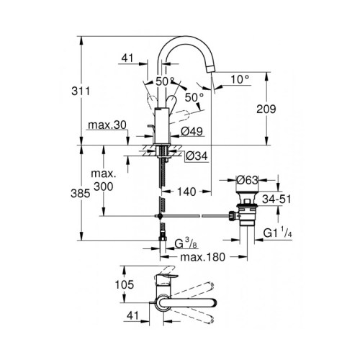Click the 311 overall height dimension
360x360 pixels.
tap(81, 91)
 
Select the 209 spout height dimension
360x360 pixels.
tap(266, 109)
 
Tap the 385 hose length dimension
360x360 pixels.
tap(81, 193)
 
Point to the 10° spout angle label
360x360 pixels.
tap(240, 79)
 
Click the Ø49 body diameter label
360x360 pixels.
tap(192, 131)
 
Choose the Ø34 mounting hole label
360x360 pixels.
tap(197, 156)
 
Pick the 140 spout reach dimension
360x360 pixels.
tap(186, 192)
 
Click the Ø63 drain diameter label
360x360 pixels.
tap(248, 180)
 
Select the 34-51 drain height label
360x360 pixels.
tap(276, 199)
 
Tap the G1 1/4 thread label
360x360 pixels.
tap(278, 233)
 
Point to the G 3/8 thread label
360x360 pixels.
tap(186, 244)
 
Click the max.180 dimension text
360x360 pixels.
tap(203, 257)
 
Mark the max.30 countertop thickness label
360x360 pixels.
tap(107, 125)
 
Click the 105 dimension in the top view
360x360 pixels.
tap(125, 284)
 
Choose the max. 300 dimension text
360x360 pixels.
tap(104, 180)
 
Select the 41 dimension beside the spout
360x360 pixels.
tap(127, 58)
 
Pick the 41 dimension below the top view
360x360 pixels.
tap(133, 315)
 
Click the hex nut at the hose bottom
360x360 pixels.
tap(163, 238)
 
